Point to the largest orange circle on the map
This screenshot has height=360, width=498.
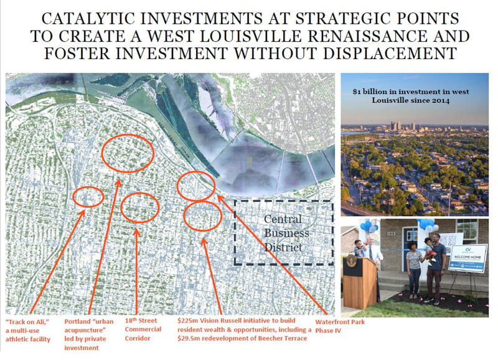pos(127,153)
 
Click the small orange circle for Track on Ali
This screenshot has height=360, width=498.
pos(88,197)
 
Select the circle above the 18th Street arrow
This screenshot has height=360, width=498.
pos(139,208)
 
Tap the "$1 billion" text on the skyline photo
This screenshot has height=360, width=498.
pos(373,91)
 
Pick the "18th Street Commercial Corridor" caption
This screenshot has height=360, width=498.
pos(143,329)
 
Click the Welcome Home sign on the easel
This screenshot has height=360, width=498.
pos(467,258)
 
